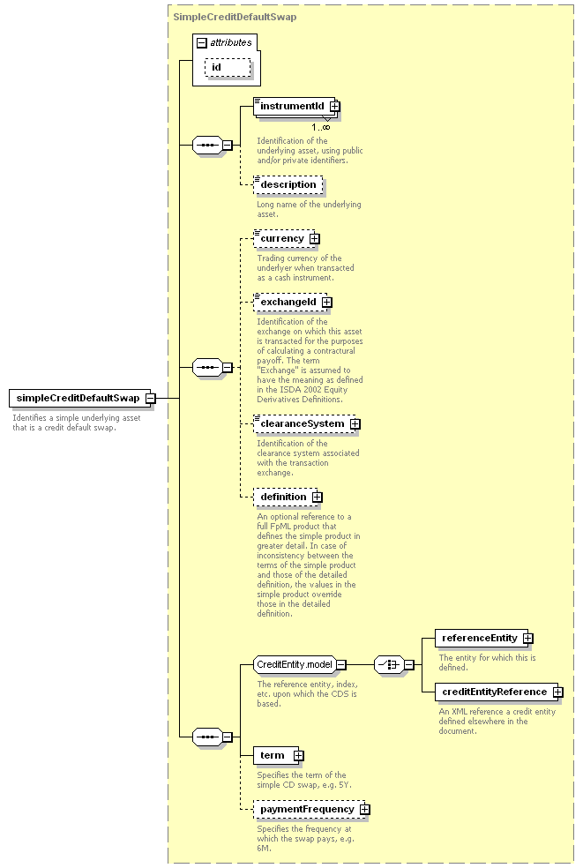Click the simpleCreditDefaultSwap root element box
coord(79,398)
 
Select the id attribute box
coord(228,68)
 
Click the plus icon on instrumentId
coord(334,106)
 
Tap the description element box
coord(288,185)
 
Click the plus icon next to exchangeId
coord(327,303)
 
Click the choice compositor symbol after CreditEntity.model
coord(389,664)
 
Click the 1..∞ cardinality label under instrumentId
coord(320,127)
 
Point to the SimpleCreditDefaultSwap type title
coord(235,17)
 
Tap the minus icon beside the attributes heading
coord(202,43)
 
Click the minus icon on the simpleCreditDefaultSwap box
coord(151,398)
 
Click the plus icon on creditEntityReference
coord(558,692)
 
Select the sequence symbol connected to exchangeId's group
coord(207,367)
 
